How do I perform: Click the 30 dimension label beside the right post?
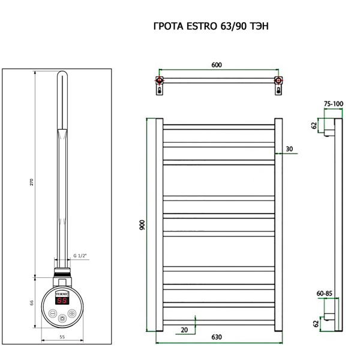290,149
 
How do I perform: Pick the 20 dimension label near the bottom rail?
184,329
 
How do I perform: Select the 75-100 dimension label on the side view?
333,104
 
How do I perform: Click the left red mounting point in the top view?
159,80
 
